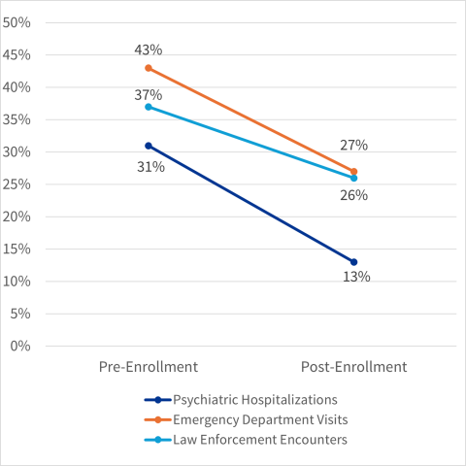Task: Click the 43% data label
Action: coord(149,49)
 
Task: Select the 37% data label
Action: coord(149,95)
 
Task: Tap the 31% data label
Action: coord(149,167)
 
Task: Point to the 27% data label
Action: coord(353,146)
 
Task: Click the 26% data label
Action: coord(353,195)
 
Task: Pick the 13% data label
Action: coord(356,277)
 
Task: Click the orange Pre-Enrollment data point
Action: coord(149,68)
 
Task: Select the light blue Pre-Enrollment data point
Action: coord(149,107)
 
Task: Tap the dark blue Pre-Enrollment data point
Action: coord(149,146)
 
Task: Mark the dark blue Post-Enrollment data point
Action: coord(353,262)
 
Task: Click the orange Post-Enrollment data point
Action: coord(353,171)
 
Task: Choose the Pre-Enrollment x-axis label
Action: coord(149,367)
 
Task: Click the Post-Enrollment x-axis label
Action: coord(353,367)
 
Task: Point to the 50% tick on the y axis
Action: coord(18,22)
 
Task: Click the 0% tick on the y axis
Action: coord(21,346)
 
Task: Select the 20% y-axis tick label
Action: coord(18,216)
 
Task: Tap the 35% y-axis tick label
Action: coord(18,119)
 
